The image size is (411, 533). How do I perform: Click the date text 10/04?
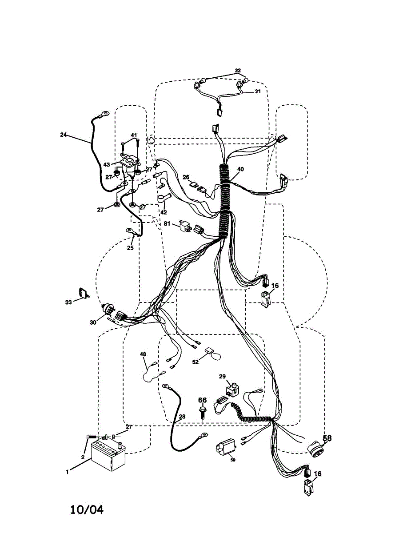coord(87,509)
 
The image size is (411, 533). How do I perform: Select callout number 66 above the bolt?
coord(202,400)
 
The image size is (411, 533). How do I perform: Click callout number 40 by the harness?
coord(240,169)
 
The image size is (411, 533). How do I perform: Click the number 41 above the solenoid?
coord(134,135)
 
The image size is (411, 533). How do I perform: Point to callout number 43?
coord(107,164)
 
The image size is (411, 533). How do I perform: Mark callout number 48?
coord(143,354)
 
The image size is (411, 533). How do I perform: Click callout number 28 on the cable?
coord(181,417)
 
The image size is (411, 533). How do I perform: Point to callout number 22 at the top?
coord(238,71)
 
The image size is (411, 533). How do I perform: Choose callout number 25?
coord(130,248)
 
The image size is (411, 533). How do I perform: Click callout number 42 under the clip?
coord(164,212)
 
